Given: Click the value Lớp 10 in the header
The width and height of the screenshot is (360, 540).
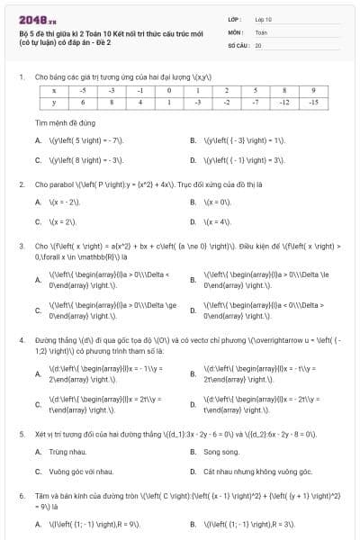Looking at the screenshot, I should (265, 19).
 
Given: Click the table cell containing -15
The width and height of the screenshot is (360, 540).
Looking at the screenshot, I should (313, 103).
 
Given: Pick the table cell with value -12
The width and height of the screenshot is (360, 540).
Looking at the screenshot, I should (284, 103).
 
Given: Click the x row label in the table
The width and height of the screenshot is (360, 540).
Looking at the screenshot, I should (54, 91).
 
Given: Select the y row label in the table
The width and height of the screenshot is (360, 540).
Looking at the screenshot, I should (54, 103).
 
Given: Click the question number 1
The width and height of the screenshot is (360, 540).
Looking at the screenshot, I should (20, 77).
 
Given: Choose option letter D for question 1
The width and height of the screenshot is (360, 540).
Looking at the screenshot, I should (193, 160).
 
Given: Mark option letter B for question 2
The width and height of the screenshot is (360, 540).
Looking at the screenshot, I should (193, 202).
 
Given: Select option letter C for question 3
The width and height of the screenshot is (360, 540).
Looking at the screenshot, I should (38, 311).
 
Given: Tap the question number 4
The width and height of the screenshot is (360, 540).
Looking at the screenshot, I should (20, 341).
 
